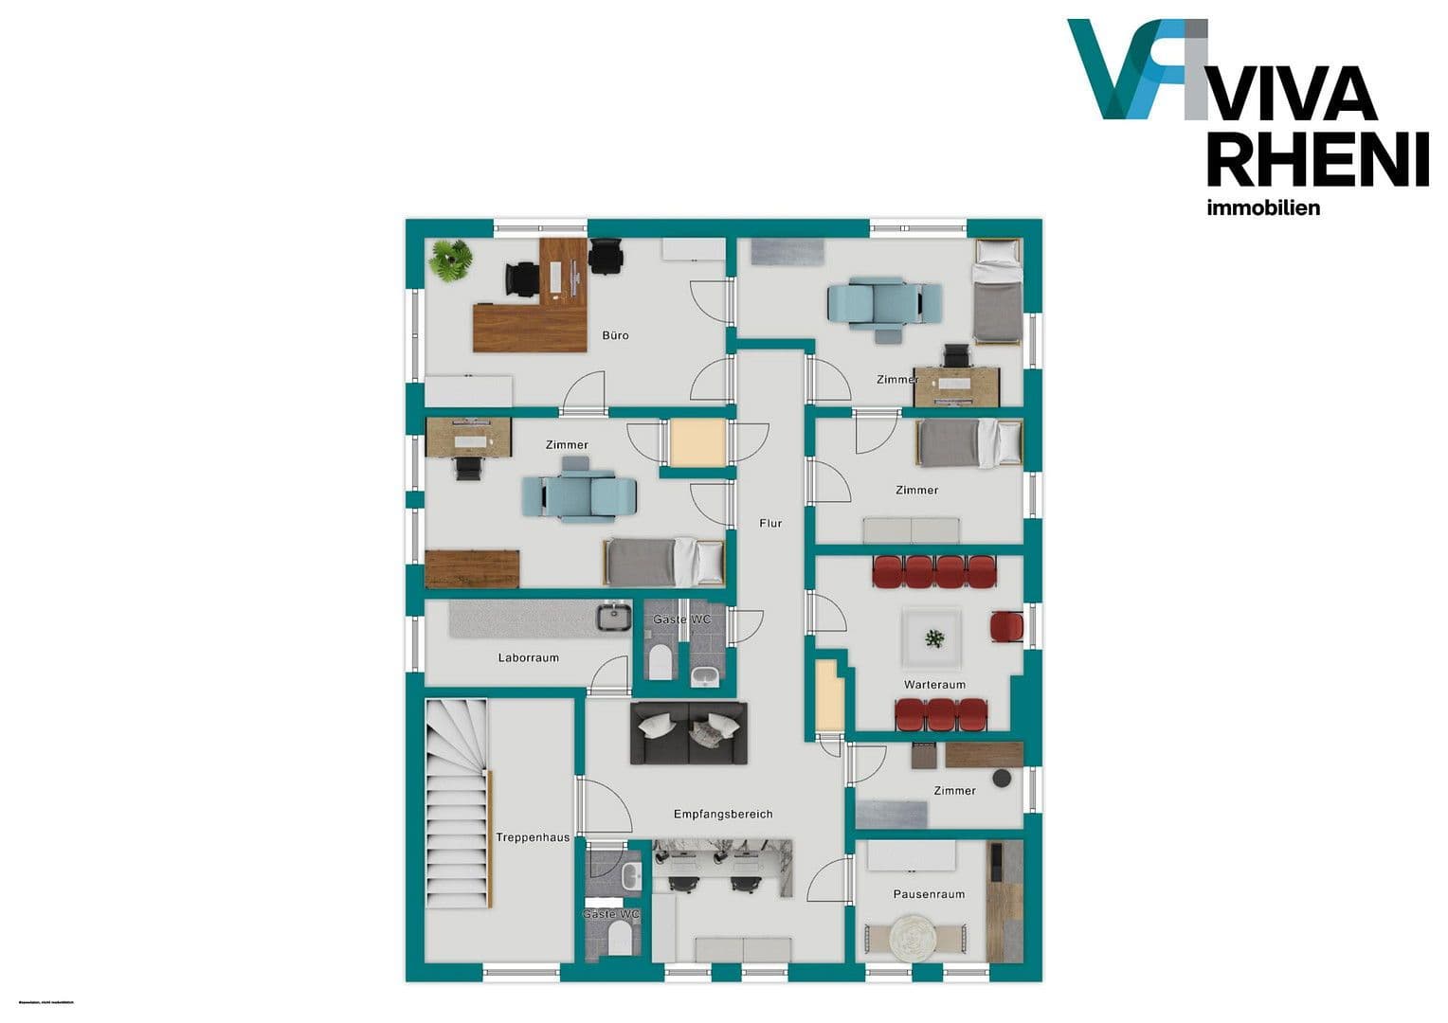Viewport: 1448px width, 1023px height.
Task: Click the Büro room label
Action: pos(615,335)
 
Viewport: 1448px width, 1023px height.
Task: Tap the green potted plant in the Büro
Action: pos(450,259)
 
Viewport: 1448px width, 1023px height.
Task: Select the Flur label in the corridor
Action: pos(770,523)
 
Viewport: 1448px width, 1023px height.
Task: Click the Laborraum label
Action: pos(528,657)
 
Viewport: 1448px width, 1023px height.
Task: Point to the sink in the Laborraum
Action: pos(614,617)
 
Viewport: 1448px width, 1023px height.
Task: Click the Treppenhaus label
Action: pos(533,837)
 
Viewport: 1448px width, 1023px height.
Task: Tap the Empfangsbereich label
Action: pos(723,814)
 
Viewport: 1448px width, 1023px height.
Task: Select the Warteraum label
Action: pos(934,685)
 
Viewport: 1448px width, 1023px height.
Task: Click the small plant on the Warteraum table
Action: pos(935,638)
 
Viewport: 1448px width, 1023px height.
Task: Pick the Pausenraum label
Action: pos(929,894)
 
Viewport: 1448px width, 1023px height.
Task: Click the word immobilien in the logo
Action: pos(1262,208)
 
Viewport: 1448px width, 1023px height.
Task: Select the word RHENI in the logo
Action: pos(1317,161)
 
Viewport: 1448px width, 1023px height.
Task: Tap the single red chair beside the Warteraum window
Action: pos(1006,626)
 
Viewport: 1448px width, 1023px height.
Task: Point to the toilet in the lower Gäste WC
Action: pos(621,938)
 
